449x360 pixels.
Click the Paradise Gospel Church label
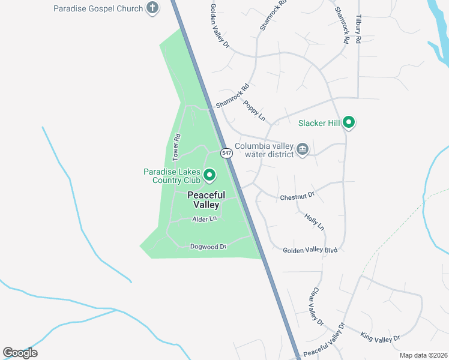click(98, 8)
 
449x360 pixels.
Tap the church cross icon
click(153, 8)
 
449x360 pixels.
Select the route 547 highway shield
click(226, 153)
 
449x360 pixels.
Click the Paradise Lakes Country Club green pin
click(209, 175)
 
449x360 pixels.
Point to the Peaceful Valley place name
click(206, 200)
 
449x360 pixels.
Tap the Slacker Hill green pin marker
click(349, 124)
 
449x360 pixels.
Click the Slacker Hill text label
click(319, 124)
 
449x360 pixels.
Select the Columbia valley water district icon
click(303, 149)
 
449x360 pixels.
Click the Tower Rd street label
click(176, 147)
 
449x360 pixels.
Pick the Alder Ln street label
click(203, 220)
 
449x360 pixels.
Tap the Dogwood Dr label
click(208, 247)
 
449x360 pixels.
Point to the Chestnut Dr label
click(297, 196)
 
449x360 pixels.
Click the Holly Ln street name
click(314, 222)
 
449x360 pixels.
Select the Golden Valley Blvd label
click(310, 250)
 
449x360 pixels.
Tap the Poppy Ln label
click(255, 110)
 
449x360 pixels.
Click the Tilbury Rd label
click(358, 28)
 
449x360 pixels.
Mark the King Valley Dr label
click(380, 337)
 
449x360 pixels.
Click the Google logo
click(20, 353)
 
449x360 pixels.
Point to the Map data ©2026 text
click(423, 355)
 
